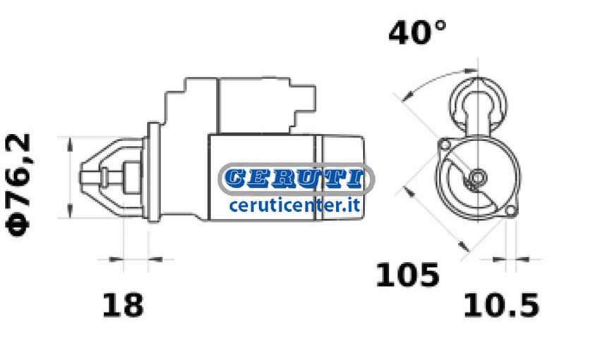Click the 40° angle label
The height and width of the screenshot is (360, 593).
click(417, 32)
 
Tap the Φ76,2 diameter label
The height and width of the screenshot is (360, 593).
click(18, 185)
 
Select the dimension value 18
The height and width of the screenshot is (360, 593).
click(123, 305)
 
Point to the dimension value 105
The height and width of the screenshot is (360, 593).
click(408, 274)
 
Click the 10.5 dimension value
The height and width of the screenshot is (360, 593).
click(501, 305)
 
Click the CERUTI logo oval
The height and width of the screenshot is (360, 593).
click(296, 179)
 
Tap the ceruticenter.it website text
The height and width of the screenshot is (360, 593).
click(294, 205)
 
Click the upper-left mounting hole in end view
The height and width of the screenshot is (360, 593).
click(445, 145)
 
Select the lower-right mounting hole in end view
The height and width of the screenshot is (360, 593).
click(510, 210)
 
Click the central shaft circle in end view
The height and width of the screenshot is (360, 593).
click(478, 176)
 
